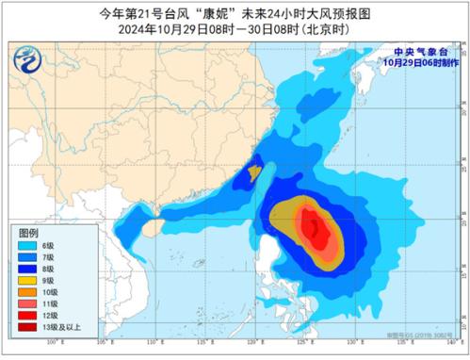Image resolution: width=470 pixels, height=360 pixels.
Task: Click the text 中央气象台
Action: tap(421, 53)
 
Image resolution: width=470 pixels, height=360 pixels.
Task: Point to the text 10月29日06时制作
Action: tap(421, 62)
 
